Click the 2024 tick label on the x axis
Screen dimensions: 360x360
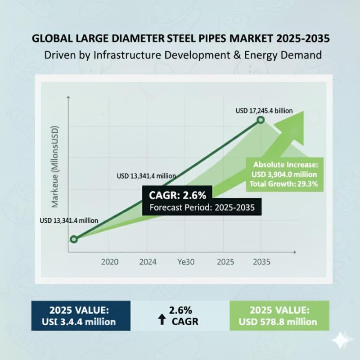tap(149, 262)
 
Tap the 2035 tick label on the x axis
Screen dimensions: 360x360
tap(262, 262)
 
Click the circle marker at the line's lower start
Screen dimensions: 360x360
tap(74, 239)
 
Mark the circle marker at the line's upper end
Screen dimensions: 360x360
tap(260, 120)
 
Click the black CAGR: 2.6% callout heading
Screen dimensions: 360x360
tap(174, 196)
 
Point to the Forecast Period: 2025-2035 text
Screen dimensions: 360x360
tap(199, 208)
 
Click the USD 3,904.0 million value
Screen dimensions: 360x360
tap(279, 174)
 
